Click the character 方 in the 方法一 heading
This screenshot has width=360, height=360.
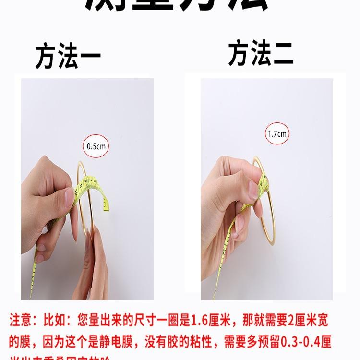click(x=47, y=57)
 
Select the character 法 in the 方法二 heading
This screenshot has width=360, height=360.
click(x=261, y=53)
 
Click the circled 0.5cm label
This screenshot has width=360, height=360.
click(x=96, y=146)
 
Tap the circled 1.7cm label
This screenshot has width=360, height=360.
click(x=277, y=134)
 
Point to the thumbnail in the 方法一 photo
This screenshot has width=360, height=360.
click(x=70, y=194)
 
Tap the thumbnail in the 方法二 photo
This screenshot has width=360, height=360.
click(x=253, y=190)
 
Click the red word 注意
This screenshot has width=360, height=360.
click(x=22, y=320)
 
